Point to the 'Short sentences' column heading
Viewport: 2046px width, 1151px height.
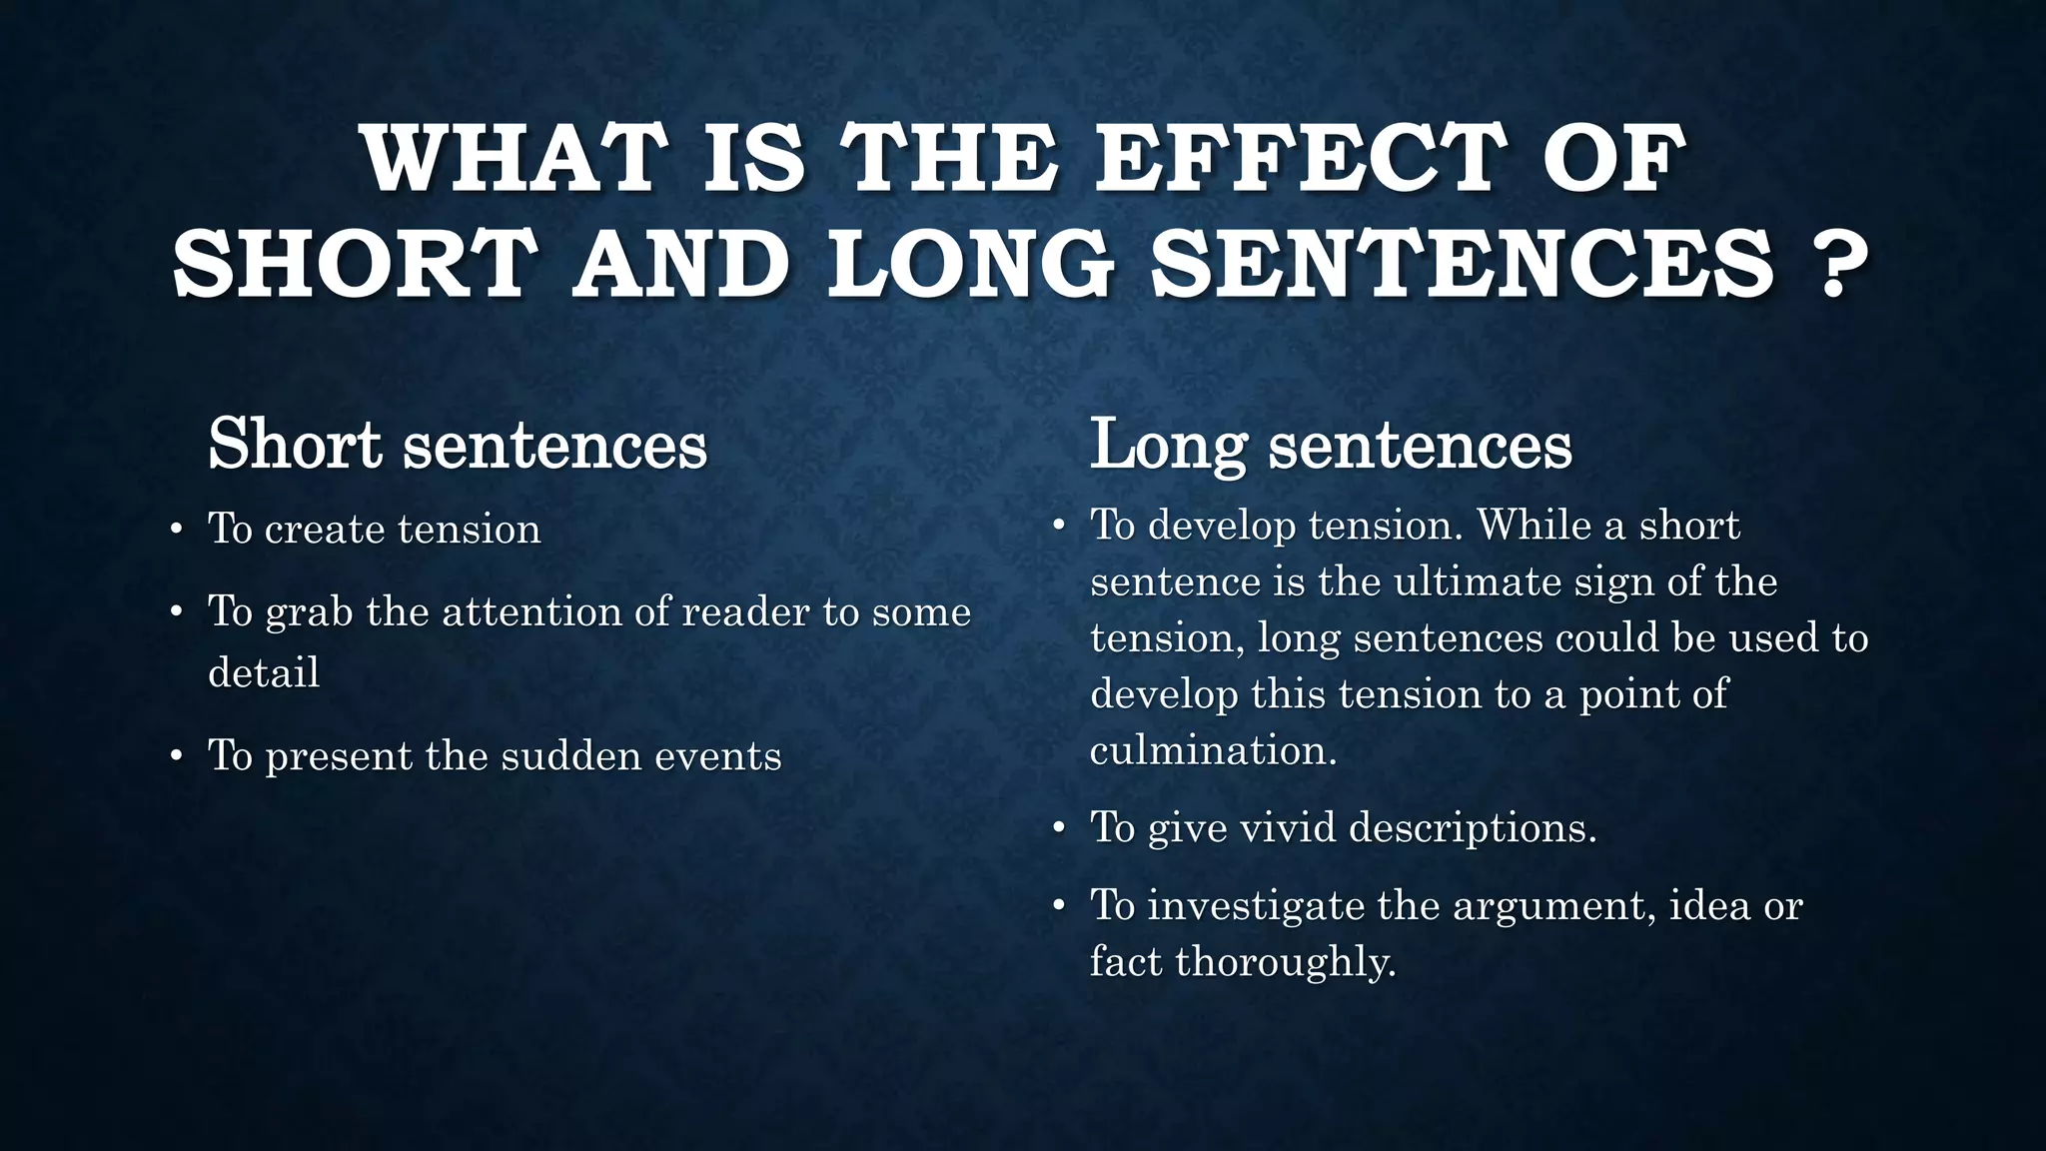point(457,444)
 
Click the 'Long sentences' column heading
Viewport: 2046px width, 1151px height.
point(1330,444)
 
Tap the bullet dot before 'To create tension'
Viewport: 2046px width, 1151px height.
point(176,530)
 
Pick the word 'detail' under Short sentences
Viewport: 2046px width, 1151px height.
point(264,672)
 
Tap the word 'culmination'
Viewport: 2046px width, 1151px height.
point(1211,750)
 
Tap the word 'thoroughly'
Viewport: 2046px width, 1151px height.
point(1285,962)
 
